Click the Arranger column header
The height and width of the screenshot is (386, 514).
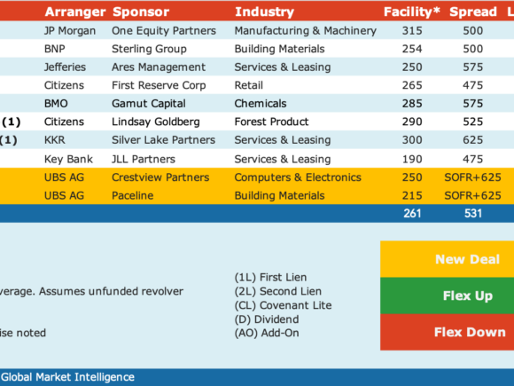(75, 12)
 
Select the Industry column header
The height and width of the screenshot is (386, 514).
(264, 12)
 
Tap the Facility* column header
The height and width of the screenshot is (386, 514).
(412, 12)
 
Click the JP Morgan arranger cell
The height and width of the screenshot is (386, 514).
(70, 30)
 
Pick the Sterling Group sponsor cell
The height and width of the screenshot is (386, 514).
(149, 49)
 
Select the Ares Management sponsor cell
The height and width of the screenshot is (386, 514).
(159, 67)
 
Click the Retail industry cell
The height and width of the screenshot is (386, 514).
(248, 85)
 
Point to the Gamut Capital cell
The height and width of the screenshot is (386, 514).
(149, 104)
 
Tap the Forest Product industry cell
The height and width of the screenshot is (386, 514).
(271, 122)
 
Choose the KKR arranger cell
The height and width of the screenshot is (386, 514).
(54, 140)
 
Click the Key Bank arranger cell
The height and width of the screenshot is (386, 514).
(68, 159)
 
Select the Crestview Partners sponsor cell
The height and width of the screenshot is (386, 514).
(160, 177)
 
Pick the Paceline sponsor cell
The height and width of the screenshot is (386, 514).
(132, 195)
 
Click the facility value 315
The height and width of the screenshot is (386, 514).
(412, 30)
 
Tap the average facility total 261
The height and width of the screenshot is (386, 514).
(412, 213)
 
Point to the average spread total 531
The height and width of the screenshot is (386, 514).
(473, 213)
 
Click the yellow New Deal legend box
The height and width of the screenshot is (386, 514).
(448, 259)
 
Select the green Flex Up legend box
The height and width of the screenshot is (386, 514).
(448, 295)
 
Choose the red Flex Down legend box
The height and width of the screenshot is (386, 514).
(448, 332)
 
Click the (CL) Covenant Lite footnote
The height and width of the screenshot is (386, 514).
(283, 305)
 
